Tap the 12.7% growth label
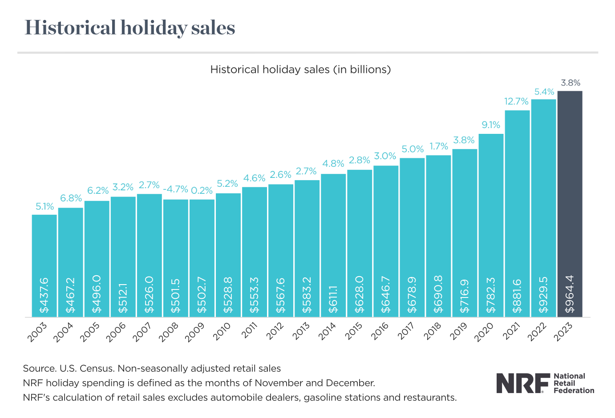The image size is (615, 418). [x=516, y=101]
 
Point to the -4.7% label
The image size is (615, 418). [x=175, y=189]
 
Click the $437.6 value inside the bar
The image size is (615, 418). [x=44, y=295]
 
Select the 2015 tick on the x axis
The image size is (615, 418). [x=355, y=331]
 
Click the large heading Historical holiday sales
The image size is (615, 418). [x=130, y=28]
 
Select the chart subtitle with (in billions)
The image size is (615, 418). [x=300, y=69]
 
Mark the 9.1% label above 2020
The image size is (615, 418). [x=491, y=125]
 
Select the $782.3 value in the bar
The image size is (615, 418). [x=491, y=295]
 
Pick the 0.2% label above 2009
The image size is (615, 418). [x=202, y=190]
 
